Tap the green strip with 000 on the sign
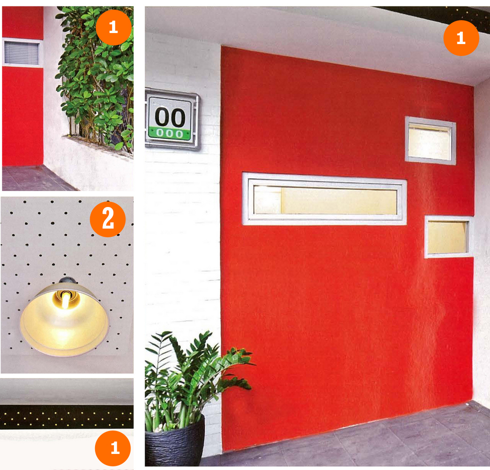pyautogui.click(x=169, y=134)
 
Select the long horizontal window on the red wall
pyautogui.click(x=324, y=199)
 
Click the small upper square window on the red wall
pyautogui.click(x=430, y=140)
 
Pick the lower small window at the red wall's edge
pyautogui.click(x=448, y=237)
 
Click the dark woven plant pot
pyautogui.click(x=175, y=441)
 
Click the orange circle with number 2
pyautogui.click(x=108, y=219)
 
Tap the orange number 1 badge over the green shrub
pyautogui.click(x=113, y=28)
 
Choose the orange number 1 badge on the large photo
pyautogui.click(x=461, y=38)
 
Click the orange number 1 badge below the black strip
pyautogui.click(x=113, y=448)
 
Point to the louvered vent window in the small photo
pyautogui.click(x=22, y=53)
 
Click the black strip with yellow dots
pyautogui.click(x=67, y=417)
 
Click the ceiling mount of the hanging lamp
pyautogui.click(x=65, y=280)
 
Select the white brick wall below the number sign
pyautogui.click(x=183, y=244)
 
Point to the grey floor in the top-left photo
pyautogui.click(x=34, y=178)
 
